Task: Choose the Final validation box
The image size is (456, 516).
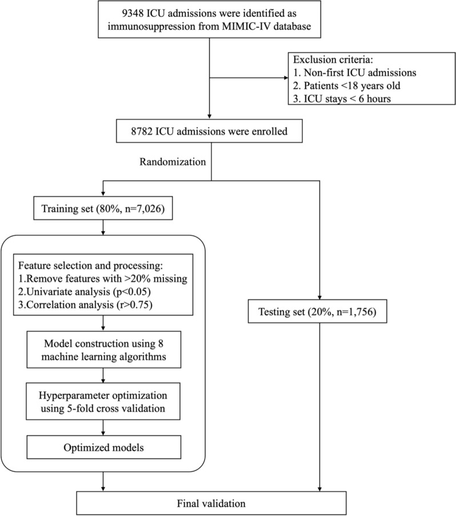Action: [211, 503]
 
